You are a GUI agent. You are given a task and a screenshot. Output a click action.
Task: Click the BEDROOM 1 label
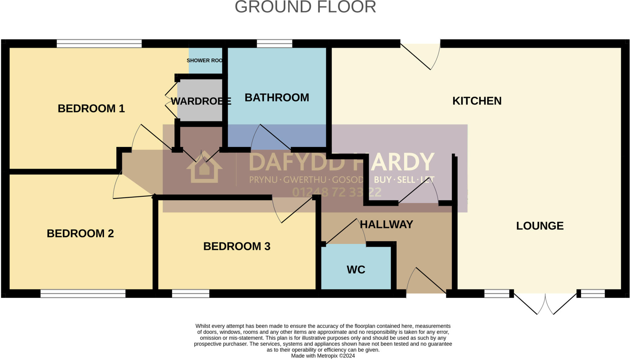point(91,109)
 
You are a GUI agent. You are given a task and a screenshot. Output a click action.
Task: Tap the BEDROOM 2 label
point(80,234)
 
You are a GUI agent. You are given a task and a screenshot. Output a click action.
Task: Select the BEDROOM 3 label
point(237,246)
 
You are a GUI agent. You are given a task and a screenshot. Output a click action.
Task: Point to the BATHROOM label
point(277,98)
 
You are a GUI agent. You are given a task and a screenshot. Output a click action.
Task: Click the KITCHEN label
point(476,101)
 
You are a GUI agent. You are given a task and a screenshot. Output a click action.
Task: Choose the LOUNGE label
point(540,226)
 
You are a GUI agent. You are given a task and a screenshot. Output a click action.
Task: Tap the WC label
point(356,270)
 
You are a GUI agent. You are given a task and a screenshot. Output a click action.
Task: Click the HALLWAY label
point(386,224)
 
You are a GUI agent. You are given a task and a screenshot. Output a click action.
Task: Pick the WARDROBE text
point(201,101)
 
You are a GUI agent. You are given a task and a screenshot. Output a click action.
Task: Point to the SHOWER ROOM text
point(205,61)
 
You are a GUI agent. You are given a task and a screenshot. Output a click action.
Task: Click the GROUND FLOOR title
point(305,7)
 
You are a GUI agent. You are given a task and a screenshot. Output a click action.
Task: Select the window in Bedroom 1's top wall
point(99,44)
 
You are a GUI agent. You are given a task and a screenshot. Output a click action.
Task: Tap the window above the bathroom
point(274,44)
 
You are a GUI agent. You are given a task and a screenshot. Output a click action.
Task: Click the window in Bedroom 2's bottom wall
point(83,294)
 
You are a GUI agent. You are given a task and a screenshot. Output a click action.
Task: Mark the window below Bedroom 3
point(190,294)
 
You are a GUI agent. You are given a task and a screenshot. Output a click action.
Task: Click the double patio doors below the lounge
point(545,303)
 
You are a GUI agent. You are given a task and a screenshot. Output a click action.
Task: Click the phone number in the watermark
point(337,192)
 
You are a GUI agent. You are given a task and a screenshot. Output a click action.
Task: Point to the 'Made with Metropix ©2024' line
point(323,356)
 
